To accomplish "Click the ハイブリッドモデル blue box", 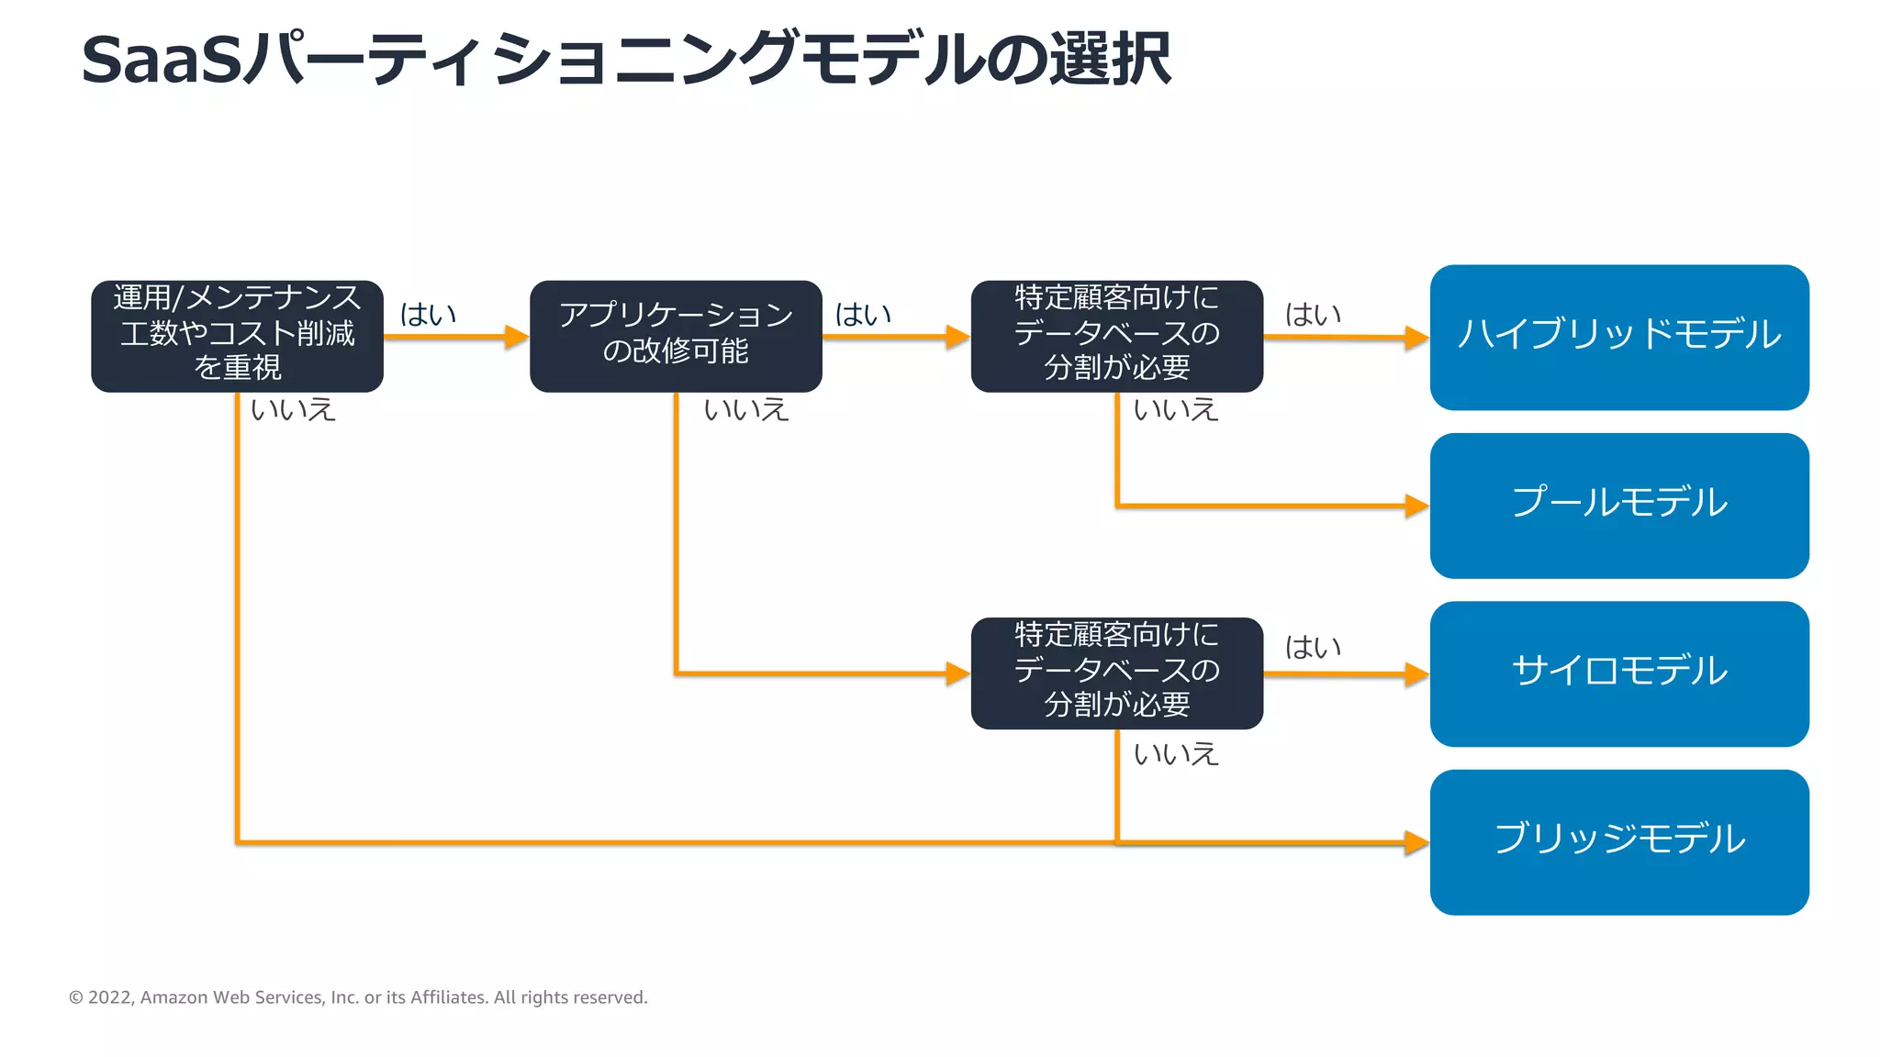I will pyautogui.click(x=1618, y=337).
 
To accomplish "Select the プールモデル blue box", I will pyautogui.click(x=1618, y=505).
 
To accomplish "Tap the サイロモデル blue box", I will pyautogui.click(x=1618, y=673).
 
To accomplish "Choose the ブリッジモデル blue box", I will pyautogui.click(x=1618, y=841).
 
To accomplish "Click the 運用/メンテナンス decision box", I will pyautogui.click(x=237, y=336).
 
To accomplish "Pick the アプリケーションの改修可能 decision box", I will pyautogui.click(x=676, y=336).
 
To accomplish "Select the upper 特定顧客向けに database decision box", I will pyautogui.click(x=1116, y=336).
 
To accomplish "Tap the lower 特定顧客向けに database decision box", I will pyautogui.click(x=1116, y=673).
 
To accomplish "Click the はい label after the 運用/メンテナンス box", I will pyautogui.click(x=428, y=315).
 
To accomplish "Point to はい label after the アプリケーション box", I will pyautogui.click(x=863, y=315).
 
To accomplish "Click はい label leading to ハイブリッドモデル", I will pyautogui.click(x=1313, y=315).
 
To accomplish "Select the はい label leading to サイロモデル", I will pyautogui.click(x=1313, y=647).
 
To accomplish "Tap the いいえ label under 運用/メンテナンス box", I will pyautogui.click(x=293, y=409).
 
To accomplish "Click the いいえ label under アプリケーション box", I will pyautogui.click(x=745, y=409).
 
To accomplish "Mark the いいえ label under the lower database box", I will pyautogui.click(x=1175, y=754).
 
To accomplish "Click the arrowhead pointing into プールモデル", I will pyautogui.click(x=1417, y=506).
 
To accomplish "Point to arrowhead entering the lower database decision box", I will pyautogui.click(x=958, y=674).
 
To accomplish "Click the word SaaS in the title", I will pyautogui.click(x=161, y=61).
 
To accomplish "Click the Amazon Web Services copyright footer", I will pyautogui.click(x=358, y=997).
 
